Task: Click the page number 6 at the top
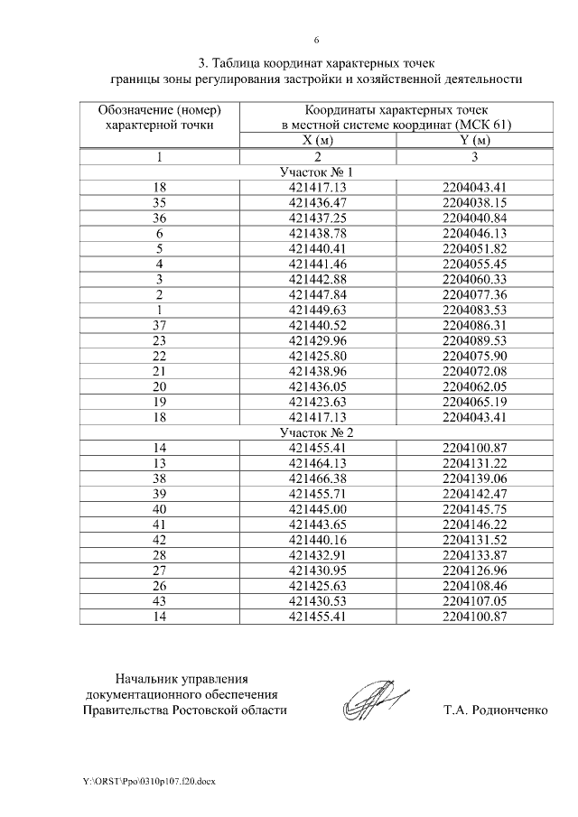click(315, 40)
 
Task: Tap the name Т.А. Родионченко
click(495, 710)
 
